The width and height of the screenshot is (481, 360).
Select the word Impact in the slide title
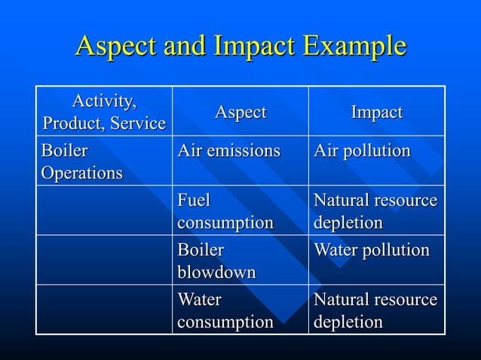click(247, 47)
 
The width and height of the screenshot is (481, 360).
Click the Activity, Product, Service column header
click(105, 111)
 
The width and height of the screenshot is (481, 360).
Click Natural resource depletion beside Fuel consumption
click(375, 212)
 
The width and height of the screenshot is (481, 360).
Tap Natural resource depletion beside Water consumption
click(375, 310)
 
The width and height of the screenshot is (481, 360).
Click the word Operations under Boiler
click(81, 172)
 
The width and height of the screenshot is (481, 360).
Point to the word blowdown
click(216, 272)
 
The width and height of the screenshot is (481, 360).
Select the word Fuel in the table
click(194, 201)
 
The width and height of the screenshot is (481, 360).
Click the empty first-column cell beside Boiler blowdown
click(105, 260)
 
